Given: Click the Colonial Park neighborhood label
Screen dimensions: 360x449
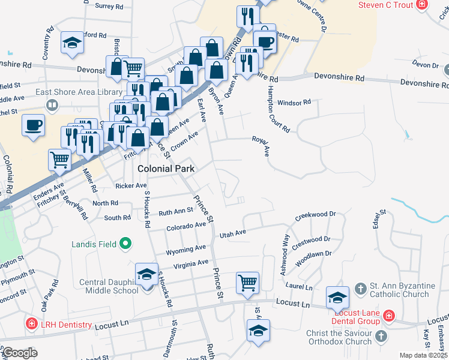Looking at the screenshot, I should [166, 169].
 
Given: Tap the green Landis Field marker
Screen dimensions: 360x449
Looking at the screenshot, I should [125, 244].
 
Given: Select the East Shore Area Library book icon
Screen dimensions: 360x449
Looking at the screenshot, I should [52, 106].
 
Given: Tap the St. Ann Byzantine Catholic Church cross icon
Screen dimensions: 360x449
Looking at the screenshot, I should [360, 289].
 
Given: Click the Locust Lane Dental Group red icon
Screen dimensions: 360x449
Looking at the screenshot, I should [388, 315].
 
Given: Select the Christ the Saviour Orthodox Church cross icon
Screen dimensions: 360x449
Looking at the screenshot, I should [381, 338].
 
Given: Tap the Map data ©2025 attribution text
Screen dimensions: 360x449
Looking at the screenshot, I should [423, 355].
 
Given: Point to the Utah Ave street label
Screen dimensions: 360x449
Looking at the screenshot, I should [233, 233].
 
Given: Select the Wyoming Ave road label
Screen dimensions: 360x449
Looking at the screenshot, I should [186, 248].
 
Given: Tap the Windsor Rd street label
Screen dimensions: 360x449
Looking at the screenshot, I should [294, 102].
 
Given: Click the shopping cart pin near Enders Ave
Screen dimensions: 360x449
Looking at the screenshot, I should [60, 160].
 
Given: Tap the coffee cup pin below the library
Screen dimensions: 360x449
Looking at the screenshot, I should [34, 125].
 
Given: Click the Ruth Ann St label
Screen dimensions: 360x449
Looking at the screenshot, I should [175, 211].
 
